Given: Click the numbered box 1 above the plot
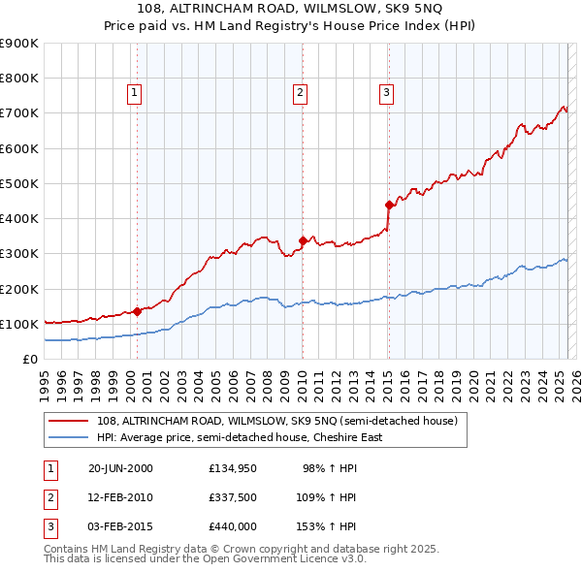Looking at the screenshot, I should (134, 93).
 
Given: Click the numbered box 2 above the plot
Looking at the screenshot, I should (301, 93).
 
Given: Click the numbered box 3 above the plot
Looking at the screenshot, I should (386, 93).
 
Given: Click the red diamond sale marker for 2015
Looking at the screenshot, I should (389, 205).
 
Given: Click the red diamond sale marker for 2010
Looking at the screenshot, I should (303, 240).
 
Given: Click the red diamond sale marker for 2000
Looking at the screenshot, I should (137, 311).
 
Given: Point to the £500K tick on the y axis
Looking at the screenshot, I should (19, 183).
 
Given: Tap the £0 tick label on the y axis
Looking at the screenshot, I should (29, 359).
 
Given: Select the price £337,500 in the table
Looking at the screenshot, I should (232, 497).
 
